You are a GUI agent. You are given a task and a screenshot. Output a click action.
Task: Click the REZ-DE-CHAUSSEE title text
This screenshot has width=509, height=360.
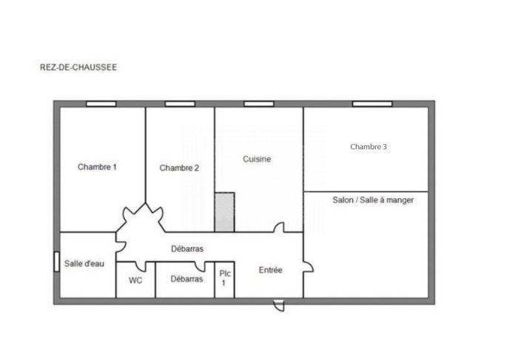(x=78, y=67)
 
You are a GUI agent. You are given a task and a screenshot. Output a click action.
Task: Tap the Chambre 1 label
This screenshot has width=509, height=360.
(x=97, y=167)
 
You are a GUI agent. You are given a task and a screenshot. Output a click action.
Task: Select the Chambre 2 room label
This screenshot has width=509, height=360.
(x=179, y=168)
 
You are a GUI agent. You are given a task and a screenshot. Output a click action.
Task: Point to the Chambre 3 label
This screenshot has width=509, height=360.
(x=368, y=146)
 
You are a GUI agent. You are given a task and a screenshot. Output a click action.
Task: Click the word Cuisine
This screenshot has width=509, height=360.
(x=257, y=159)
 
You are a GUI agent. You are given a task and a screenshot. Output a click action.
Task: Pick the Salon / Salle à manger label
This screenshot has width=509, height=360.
(x=373, y=200)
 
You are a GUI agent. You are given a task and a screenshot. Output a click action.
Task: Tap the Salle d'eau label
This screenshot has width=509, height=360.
(x=84, y=264)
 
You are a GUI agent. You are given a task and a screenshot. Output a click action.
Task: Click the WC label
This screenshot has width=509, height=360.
(x=135, y=279)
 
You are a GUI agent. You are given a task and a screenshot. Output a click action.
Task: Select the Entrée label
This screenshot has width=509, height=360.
(x=270, y=271)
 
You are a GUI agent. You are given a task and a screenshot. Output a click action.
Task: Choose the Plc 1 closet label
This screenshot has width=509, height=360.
(x=225, y=278)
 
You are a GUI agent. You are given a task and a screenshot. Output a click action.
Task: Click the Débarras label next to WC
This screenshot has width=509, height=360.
(x=186, y=279)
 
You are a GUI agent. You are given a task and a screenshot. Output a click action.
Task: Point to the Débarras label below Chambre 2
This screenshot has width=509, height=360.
(x=187, y=249)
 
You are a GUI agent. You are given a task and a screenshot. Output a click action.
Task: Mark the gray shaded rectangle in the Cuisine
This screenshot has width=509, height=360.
(x=224, y=211)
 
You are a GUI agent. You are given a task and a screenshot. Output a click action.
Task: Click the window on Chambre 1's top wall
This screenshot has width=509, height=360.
(x=101, y=103)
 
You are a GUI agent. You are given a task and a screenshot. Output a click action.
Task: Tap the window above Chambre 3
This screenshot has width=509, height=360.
(x=371, y=103)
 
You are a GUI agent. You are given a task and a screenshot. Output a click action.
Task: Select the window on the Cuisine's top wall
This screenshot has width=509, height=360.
(x=258, y=103)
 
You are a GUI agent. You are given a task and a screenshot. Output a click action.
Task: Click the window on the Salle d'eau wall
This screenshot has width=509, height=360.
(x=57, y=262)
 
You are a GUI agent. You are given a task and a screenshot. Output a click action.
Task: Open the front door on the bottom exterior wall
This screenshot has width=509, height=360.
(x=278, y=305)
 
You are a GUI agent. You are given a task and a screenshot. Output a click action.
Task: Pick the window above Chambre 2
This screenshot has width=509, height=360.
(x=180, y=103)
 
